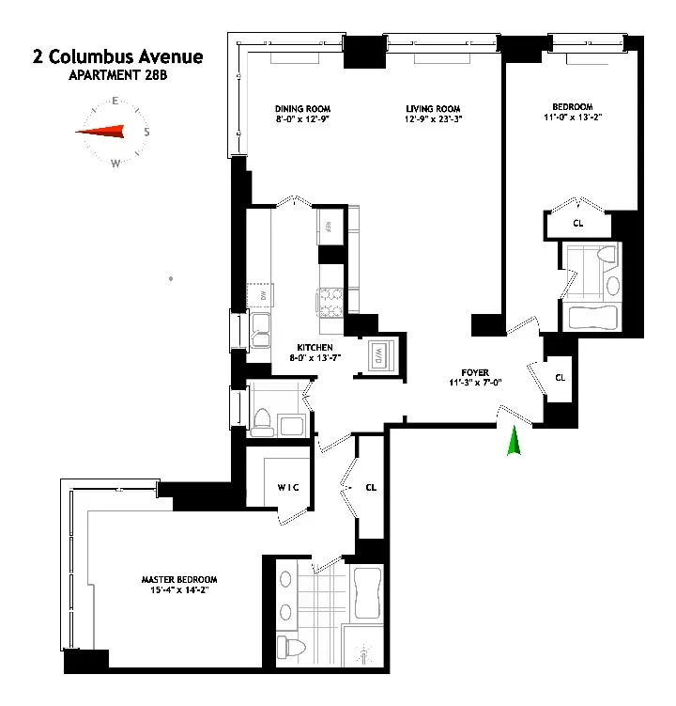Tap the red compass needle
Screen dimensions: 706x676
pyautogui.click(x=101, y=133)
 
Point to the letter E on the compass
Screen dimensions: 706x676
pyautogui.click(x=115, y=102)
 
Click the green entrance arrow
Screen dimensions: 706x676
pyautogui.click(x=513, y=443)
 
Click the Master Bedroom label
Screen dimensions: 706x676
pyautogui.click(x=173, y=578)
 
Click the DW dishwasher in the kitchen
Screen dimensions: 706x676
pyautogui.click(x=259, y=296)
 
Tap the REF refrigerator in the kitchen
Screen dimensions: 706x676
pyautogui.click(x=329, y=226)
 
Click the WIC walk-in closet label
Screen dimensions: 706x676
pyautogui.click(x=287, y=488)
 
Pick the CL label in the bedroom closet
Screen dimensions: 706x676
pyautogui.click(x=577, y=223)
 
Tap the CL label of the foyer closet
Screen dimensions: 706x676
pyautogui.click(x=561, y=377)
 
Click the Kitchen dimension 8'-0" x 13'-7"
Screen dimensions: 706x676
pyautogui.click(x=313, y=357)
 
